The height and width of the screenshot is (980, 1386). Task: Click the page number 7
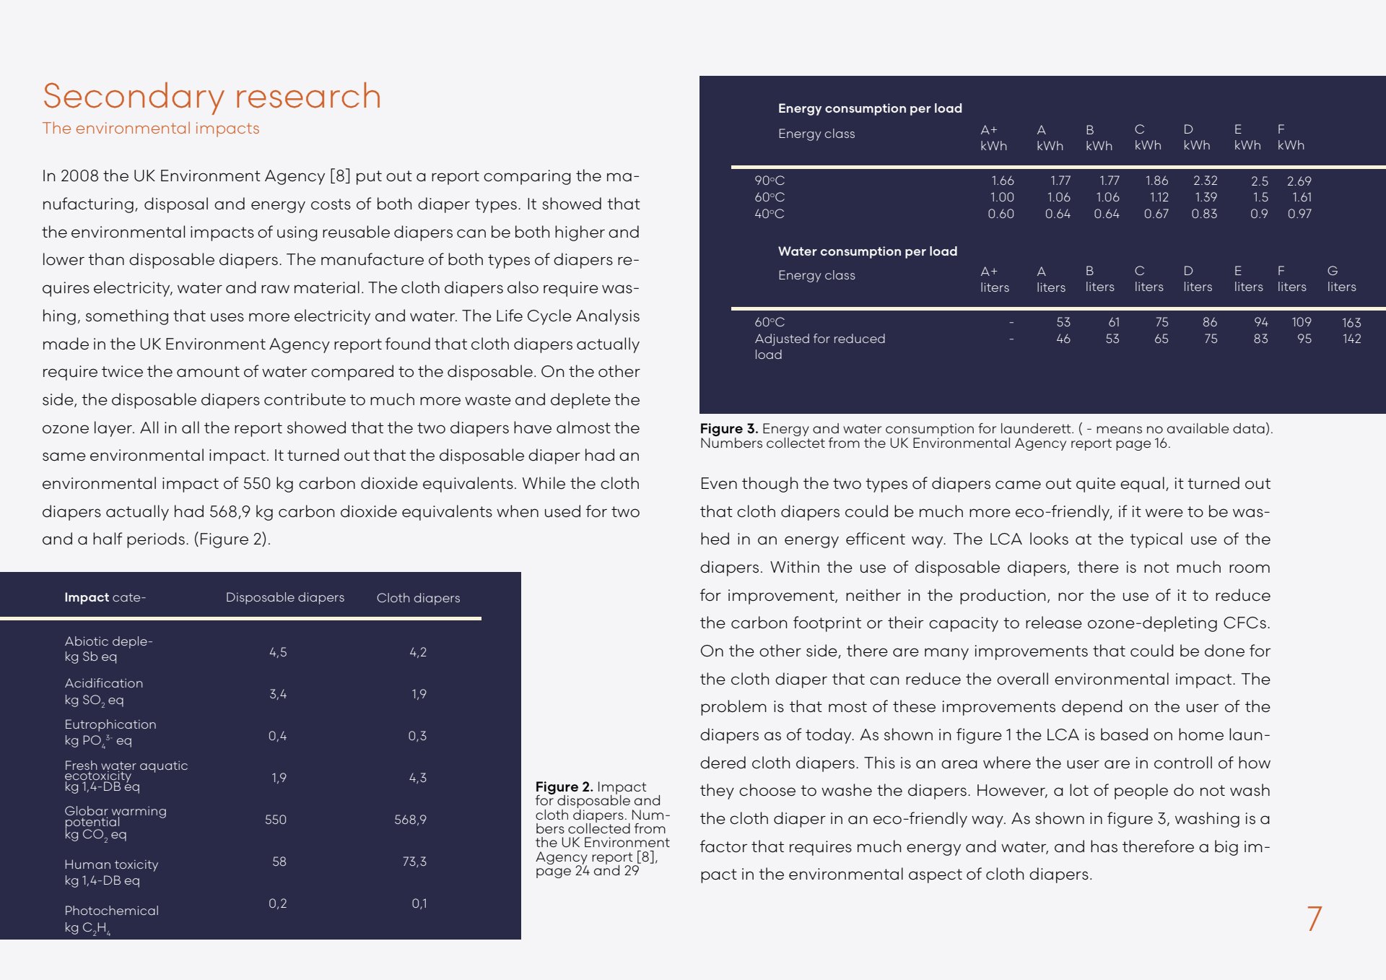(x=1314, y=919)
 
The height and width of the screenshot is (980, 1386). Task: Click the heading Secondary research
(x=212, y=96)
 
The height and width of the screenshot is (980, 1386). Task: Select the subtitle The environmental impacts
(x=150, y=129)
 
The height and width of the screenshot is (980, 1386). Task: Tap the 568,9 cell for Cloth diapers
(x=410, y=820)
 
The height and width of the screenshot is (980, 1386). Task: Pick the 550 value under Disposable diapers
(x=276, y=820)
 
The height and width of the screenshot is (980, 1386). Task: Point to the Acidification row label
(x=104, y=683)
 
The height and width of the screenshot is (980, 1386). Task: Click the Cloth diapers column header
(x=418, y=598)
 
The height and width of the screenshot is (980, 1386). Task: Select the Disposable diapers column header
(x=284, y=597)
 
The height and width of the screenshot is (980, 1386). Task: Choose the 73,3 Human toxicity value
(x=414, y=862)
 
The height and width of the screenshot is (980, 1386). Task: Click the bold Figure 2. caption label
(x=564, y=786)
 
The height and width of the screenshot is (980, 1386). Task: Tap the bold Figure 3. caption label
(x=728, y=428)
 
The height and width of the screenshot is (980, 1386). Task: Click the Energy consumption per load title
(x=870, y=108)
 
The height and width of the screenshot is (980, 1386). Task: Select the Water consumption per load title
(x=867, y=251)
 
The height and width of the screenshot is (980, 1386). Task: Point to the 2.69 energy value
(x=1299, y=181)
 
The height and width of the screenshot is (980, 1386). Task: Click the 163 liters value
(x=1351, y=323)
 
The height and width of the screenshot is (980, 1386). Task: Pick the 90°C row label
(x=770, y=181)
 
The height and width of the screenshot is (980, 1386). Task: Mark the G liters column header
(x=1341, y=279)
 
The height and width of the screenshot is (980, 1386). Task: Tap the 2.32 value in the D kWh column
(x=1205, y=181)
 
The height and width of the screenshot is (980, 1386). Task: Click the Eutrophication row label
(x=110, y=724)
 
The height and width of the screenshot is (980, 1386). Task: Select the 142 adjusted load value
(x=1351, y=339)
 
